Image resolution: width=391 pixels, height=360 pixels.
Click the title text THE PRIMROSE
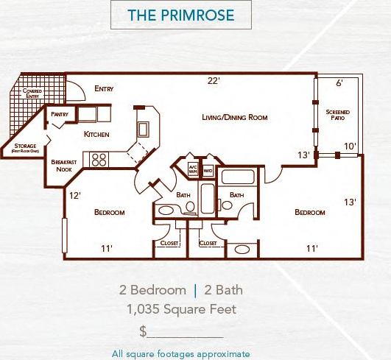click(x=180, y=15)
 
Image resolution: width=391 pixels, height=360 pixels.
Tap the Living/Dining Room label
click(x=234, y=117)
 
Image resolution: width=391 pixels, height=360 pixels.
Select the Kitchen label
click(x=96, y=135)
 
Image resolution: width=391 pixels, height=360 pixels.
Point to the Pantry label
click(x=60, y=115)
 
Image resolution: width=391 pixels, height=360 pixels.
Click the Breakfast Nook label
click(x=64, y=165)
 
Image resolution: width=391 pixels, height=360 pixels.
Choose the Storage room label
click(x=25, y=147)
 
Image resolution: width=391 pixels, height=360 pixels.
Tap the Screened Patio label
click(x=339, y=116)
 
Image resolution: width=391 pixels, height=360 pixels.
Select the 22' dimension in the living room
click(x=214, y=82)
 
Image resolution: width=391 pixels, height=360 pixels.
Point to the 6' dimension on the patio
click(x=339, y=83)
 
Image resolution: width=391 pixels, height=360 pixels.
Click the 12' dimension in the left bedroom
click(x=74, y=196)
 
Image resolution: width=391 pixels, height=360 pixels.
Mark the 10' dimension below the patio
click(x=349, y=147)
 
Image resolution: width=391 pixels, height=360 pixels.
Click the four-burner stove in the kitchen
click(x=99, y=158)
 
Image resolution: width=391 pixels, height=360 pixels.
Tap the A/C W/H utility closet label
click(x=193, y=169)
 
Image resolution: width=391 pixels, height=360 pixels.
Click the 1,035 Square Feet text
click(x=180, y=309)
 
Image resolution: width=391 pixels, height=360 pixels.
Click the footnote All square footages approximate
click(x=180, y=353)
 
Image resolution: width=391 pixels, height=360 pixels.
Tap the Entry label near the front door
click(x=105, y=89)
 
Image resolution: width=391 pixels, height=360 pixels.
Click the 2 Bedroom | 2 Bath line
click(x=180, y=289)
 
